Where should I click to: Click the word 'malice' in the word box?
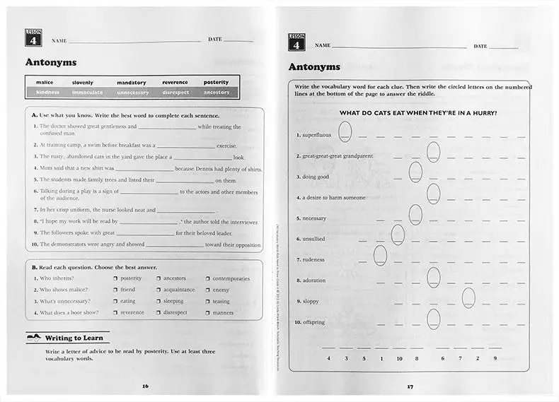pos(45,83)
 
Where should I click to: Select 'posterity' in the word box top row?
pos(216,83)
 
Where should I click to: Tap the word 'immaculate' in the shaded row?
pos(87,93)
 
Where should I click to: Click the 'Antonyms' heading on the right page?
pos(314,67)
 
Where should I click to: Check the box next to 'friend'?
pos(115,290)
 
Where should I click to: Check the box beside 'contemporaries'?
pos(208,278)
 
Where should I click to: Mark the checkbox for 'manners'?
pos(208,312)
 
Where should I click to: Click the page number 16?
pos(146,386)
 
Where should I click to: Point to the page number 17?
pos(410,386)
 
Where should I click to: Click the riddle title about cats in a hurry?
pos(417,113)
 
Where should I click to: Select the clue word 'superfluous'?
pos(313,135)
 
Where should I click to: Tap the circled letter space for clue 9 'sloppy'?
pos(468,298)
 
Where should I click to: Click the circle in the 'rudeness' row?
pos(380,256)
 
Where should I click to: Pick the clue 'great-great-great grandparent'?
pos(338,155)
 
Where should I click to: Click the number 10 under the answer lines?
pos(399,358)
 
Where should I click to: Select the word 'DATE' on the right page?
pos(480,46)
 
